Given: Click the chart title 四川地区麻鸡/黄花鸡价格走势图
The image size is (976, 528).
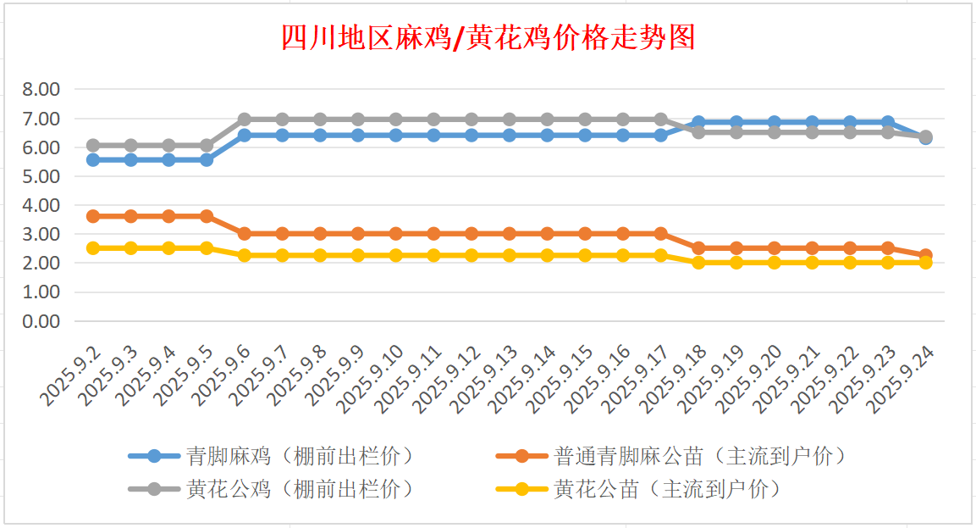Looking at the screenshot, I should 488,38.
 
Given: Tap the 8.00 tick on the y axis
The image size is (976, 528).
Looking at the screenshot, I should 41,90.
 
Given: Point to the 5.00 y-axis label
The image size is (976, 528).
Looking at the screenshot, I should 41,176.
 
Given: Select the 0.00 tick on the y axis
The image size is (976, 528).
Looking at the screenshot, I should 41,321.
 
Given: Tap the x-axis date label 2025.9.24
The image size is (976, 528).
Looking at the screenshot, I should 902,380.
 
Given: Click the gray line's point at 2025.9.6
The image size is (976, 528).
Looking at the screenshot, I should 245,119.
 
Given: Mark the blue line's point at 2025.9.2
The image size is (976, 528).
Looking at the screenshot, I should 93,159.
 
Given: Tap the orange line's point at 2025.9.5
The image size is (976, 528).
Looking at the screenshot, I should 207,216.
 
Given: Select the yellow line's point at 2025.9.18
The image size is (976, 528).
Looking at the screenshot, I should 698,263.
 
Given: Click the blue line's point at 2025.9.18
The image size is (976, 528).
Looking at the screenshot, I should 698,123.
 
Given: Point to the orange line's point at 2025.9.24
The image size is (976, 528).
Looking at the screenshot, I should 925,255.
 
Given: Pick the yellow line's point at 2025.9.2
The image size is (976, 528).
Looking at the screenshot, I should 93,248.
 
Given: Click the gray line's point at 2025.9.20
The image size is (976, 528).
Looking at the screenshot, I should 774,132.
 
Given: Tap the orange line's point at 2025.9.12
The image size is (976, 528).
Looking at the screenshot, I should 471,234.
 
